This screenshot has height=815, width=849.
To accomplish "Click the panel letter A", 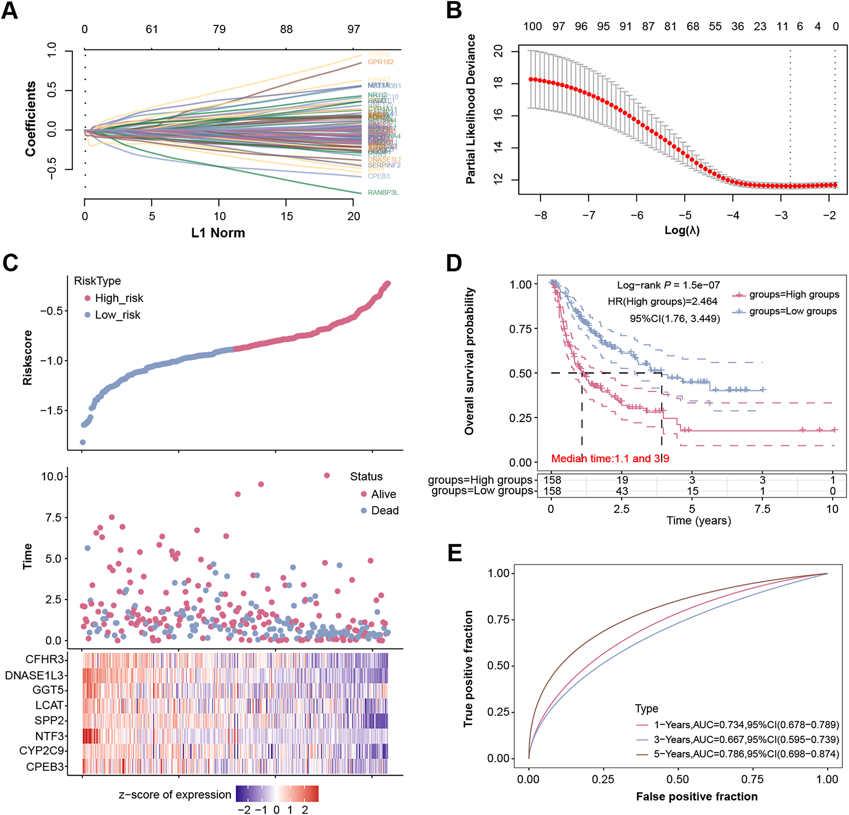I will point(10,11).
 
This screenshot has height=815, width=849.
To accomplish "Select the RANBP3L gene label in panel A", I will point(382,193).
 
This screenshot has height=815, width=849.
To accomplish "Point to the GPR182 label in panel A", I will point(380,62).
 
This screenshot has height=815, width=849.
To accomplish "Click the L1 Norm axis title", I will point(218,233).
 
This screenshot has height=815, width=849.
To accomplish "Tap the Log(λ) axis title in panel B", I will point(682,230).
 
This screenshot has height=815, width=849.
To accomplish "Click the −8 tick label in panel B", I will point(540,215).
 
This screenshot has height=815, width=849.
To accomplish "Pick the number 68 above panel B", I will point(693,27).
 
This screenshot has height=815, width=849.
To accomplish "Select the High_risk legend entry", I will point(119,298).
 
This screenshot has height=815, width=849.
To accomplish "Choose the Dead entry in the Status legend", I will point(385,510).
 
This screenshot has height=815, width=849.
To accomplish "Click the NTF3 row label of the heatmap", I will point(50,736).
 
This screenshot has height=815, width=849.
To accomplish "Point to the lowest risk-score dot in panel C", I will point(82,442).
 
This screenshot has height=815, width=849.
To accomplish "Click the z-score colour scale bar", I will point(277,794).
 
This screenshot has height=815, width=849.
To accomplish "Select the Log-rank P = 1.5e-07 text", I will point(668,285).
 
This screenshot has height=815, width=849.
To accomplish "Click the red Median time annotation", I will point(610,459).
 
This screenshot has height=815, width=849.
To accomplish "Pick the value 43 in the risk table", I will point(622,491).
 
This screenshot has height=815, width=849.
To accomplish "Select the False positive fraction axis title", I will point(697,797).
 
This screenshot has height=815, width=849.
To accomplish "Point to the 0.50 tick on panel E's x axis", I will point(678,779).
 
